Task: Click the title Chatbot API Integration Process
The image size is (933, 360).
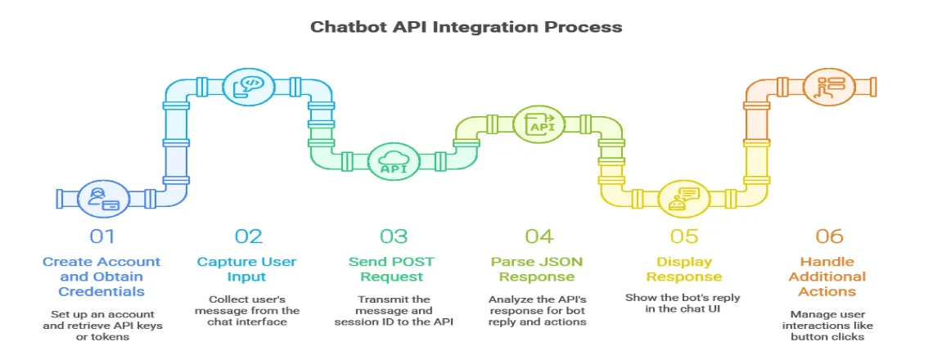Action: pyautogui.click(x=466, y=27)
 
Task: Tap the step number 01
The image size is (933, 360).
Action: pyautogui.click(x=103, y=236)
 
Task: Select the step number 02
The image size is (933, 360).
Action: pyautogui.click(x=249, y=236)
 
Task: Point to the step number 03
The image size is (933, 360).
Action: pyautogui.click(x=394, y=236)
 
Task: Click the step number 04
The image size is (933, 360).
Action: pyautogui.click(x=539, y=236)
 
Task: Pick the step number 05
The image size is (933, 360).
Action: pyautogui.click(x=684, y=236)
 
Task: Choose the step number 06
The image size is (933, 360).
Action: pyautogui.click(x=829, y=236)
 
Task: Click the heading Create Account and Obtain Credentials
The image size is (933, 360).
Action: pyautogui.click(x=103, y=277)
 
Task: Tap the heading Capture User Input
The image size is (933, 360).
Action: pyautogui.click(x=249, y=269)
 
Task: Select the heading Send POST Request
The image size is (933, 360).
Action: pyautogui.click(x=394, y=269)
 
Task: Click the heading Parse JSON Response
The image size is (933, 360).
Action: pyautogui.click(x=539, y=269)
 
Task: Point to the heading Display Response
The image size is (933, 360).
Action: pyautogui.click(x=684, y=269)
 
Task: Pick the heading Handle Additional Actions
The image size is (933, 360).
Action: pyautogui.click(x=829, y=277)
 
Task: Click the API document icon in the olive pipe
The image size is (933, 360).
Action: pyautogui.click(x=539, y=124)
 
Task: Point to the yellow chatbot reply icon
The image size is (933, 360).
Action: pyautogui.click(x=683, y=200)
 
